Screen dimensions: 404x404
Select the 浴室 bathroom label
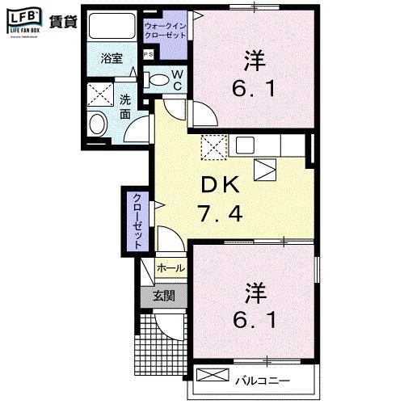(112, 59)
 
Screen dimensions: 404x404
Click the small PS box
(148, 55)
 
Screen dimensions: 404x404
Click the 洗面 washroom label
(125, 107)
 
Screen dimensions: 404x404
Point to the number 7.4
(220, 215)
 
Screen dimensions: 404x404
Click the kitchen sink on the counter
(246, 145)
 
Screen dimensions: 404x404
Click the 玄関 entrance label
(164, 296)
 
